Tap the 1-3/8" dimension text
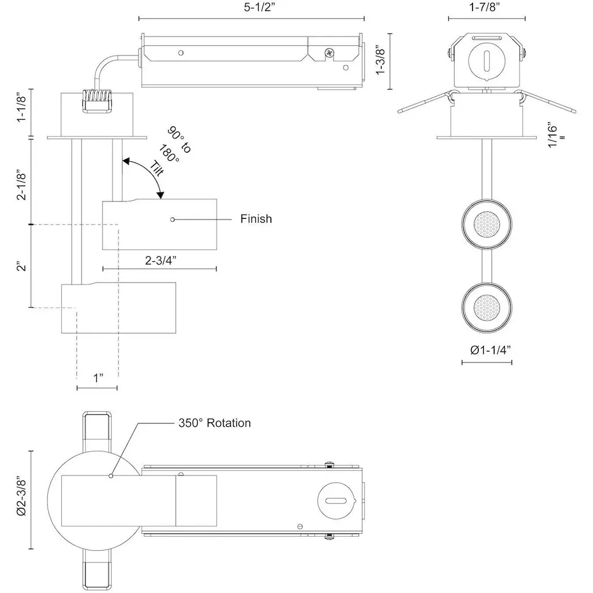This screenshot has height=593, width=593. click(380, 61)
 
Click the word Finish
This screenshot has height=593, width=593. click(256, 219)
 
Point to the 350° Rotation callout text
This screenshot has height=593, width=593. click(214, 423)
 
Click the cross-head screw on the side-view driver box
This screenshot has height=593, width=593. click(330, 53)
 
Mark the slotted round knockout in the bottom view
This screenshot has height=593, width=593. click(335, 500)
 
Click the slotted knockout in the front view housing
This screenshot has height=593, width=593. click(487, 60)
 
